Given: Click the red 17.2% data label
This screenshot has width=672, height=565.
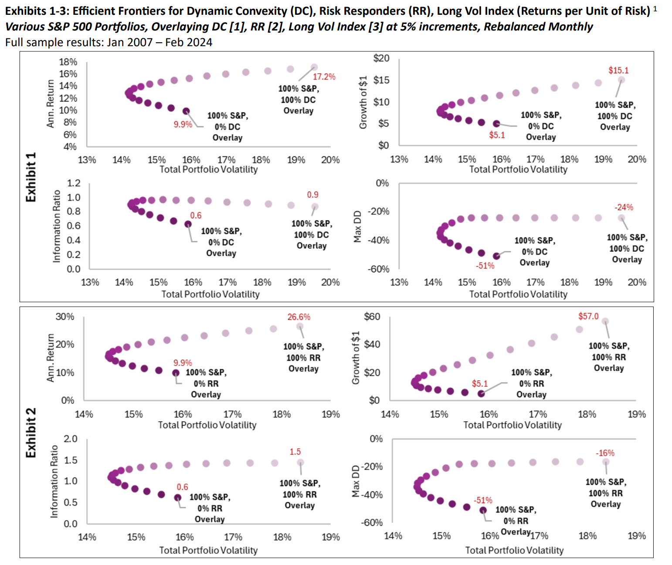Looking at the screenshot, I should tap(324, 77).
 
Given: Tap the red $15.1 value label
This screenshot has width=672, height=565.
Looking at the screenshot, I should tap(618, 70).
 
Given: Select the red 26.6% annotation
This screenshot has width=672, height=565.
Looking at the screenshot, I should tap(299, 317).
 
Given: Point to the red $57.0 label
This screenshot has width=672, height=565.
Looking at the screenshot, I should tap(588, 316).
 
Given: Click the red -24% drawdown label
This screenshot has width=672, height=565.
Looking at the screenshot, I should tap(624, 207).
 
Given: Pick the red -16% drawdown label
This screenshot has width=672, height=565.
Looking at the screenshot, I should tap(605, 453).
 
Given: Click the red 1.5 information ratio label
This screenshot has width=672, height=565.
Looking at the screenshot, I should tap(295, 452).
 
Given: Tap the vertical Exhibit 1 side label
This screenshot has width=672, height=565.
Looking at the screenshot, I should tap(31, 177).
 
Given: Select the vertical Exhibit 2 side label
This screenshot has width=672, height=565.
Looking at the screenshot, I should tap(31, 433).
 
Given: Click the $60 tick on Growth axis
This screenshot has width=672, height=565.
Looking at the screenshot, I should tap(372, 317).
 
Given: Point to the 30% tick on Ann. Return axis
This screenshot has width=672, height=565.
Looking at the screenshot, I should tap(64, 317).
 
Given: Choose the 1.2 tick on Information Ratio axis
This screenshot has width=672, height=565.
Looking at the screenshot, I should tap(74, 183).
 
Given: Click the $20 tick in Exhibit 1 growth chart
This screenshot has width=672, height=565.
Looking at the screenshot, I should tap(381, 58).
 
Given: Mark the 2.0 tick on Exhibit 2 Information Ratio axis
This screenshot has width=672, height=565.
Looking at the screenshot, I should tap(71, 439).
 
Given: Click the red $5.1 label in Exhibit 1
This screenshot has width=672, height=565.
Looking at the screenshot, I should tap(497, 135).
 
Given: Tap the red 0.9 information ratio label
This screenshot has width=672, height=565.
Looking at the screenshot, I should tap(312, 195).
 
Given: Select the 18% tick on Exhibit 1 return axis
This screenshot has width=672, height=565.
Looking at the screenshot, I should tap(68, 62).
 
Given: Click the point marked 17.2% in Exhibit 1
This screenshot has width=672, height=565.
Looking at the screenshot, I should tap(314, 68).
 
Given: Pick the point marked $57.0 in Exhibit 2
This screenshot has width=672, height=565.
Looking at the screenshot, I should tap(605, 321).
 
